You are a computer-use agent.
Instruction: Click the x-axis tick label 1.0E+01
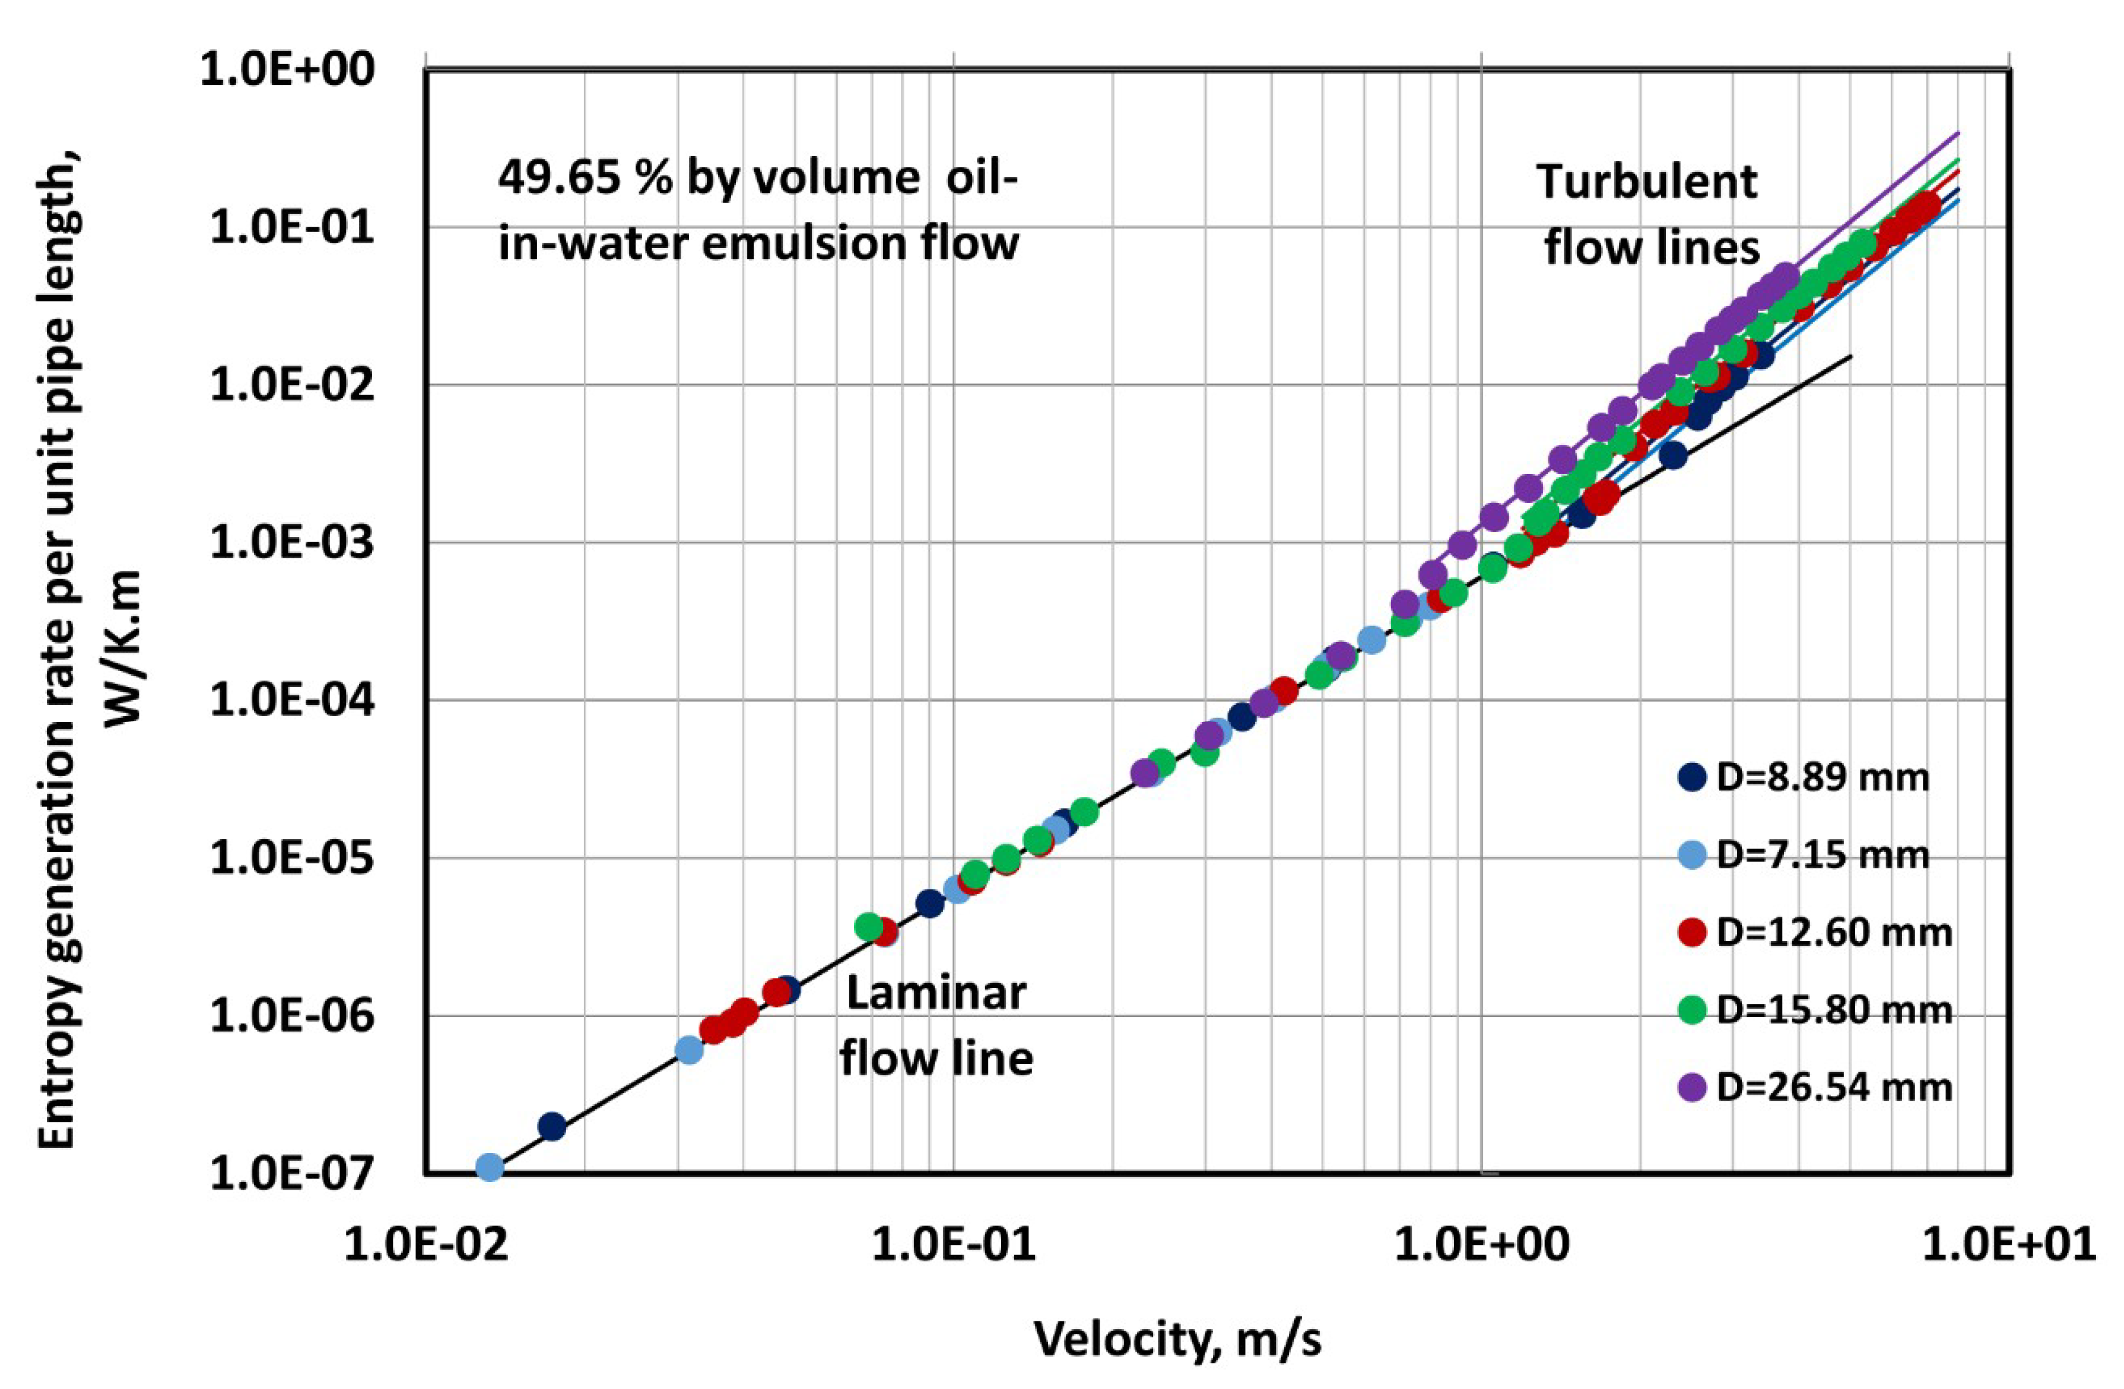pyautogui.click(x=2008, y=1242)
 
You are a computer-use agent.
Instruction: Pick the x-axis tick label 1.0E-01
pyautogui.click(x=953, y=1242)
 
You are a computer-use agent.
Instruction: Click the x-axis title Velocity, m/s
pyautogui.click(x=1177, y=1338)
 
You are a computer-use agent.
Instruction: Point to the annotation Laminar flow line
pyautogui.click(x=935, y=1026)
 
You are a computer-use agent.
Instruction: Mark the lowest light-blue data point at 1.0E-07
pyautogui.click(x=489, y=1168)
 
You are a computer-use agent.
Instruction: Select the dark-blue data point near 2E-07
pyautogui.click(x=553, y=1127)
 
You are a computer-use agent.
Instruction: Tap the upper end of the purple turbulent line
pyautogui.click(x=1957, y=133)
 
